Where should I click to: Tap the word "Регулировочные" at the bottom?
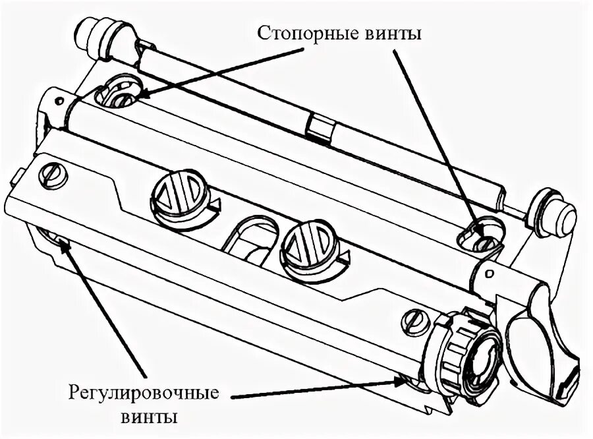coord(144,394)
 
